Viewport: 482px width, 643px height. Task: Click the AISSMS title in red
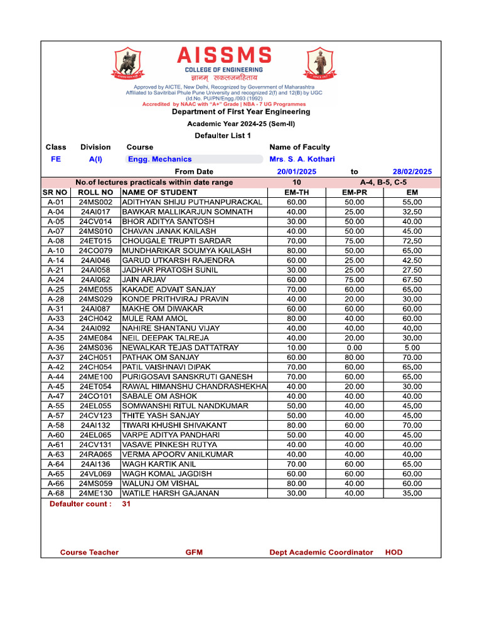[x=224, y=55]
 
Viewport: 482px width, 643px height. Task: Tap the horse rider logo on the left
[x=131, y=63]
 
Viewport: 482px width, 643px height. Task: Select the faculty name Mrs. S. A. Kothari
[x=302, y=159]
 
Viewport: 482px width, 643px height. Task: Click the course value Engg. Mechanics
[x=160, y=159]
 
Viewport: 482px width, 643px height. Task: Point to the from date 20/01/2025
[x=297, y=171]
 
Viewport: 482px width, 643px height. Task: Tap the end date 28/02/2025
[x=412, y=171]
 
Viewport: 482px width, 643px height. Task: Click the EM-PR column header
[x=355, y=192]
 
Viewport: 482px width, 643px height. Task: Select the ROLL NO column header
[x=95, y=192]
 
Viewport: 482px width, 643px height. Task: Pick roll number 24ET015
[x=95, y=240]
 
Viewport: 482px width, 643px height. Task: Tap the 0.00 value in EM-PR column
[x=355, y=347]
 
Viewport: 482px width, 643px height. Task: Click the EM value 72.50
[x=412, y=240]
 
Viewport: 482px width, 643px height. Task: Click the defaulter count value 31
[x=127, y=504]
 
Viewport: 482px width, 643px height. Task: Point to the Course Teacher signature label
[x=89, y=553]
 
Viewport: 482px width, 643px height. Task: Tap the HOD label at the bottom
[x=394, y=553]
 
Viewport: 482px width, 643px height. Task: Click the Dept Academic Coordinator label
[x=321, y=553]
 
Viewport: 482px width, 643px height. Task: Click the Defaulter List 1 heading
[x=223, y=136]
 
